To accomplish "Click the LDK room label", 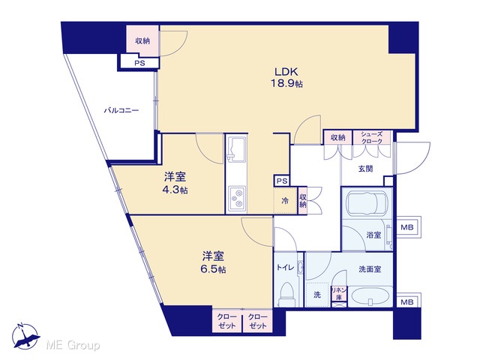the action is click(286, 72).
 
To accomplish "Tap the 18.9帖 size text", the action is click(286, 83).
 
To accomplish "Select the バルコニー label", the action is click(121, 110).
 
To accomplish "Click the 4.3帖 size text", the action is click(175, 190).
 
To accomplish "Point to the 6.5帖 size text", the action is click(213, 269).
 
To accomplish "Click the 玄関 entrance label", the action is click(365, 169).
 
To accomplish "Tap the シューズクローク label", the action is click(372, 138).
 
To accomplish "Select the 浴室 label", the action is click(373, 235).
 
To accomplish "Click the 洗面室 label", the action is click(370, 269).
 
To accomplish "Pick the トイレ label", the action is click(285, 268).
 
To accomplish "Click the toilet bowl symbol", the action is click(286, 294).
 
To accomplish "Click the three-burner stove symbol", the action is click(237, 198).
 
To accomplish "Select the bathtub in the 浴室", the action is click(367, 203).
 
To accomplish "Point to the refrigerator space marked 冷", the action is click(285, 201).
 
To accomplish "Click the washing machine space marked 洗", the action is click(317, 295).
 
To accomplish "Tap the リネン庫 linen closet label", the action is click(339, 293).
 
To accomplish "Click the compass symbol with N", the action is click(25, 337).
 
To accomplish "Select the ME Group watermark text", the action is click(73, 346).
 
